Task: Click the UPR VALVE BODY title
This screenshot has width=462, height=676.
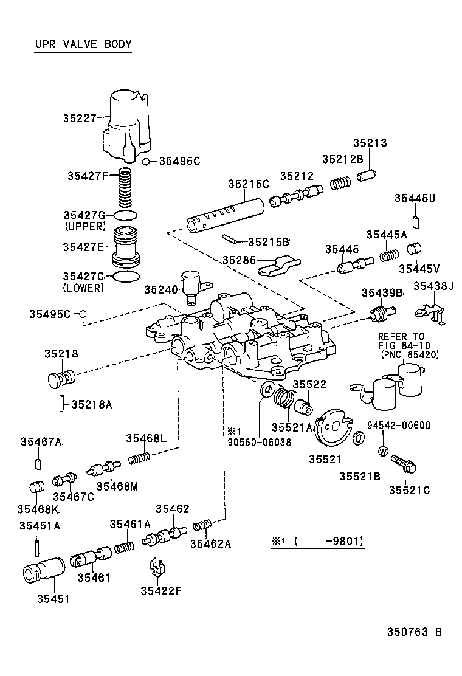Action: (83, 44)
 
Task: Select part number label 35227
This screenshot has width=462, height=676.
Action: (80, 118)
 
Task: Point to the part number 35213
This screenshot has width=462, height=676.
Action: (370, 143)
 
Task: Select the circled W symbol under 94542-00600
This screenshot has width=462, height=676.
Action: (383, 451)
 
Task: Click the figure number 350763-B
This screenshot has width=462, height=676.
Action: (414, 632)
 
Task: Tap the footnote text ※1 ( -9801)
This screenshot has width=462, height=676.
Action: (318, 540)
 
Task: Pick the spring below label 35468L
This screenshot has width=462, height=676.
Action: (139, 456)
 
